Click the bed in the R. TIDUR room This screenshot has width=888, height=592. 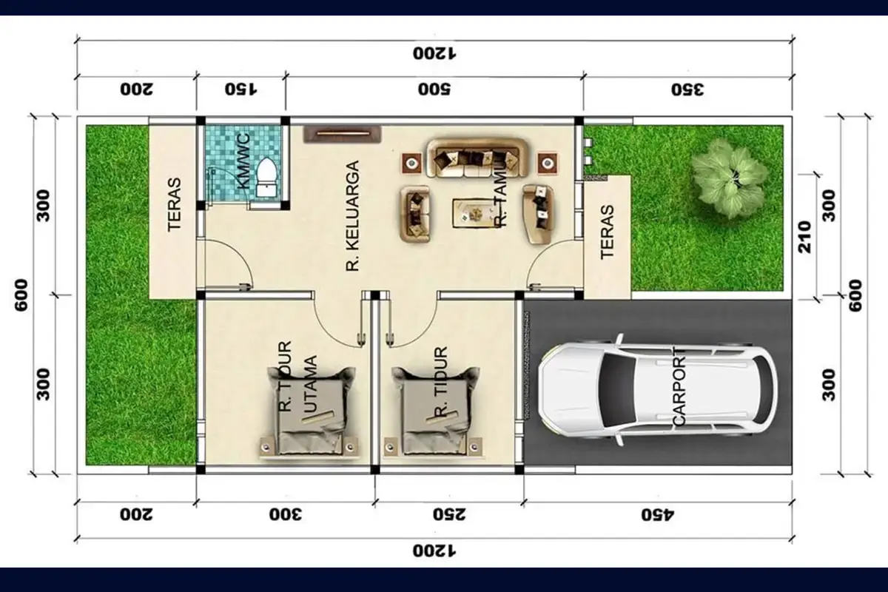pos(433,411)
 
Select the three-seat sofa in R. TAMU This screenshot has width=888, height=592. pos(478,158)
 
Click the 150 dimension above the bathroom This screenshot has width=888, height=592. pos(241,90)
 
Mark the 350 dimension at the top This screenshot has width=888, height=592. pos(687,90)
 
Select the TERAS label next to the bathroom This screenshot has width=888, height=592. pos(175,214)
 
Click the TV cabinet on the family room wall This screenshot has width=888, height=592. pos(342,134)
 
